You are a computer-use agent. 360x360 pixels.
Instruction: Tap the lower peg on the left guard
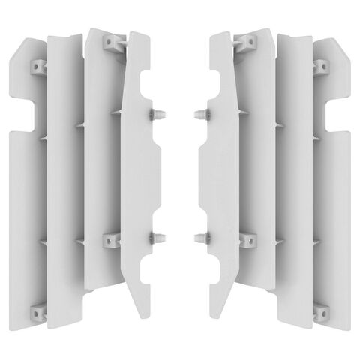point(160,238)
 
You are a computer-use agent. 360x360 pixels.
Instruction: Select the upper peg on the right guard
point(199,114)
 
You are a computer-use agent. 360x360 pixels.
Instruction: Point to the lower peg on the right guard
point(199,238)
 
